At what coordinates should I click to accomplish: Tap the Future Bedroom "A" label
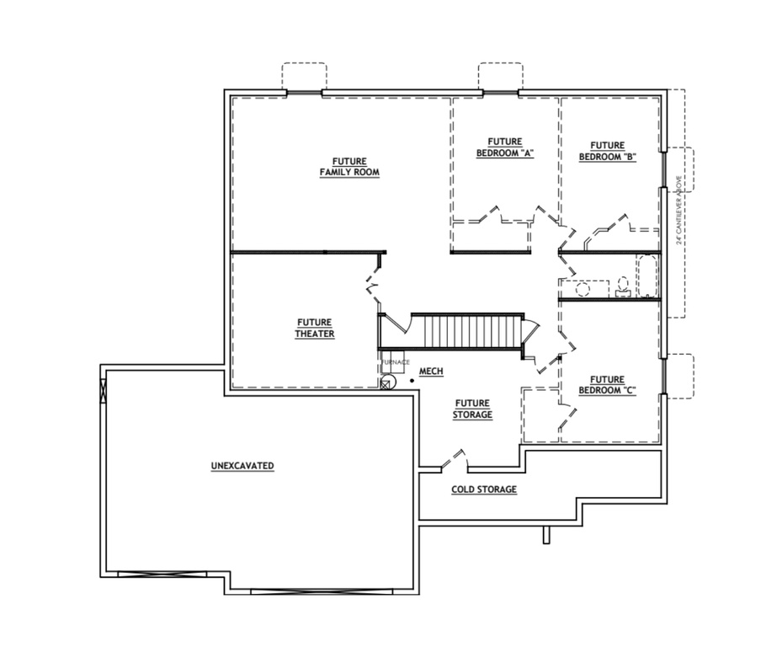505,147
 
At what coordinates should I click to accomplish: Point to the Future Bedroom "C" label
606,385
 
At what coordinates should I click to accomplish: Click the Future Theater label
314,328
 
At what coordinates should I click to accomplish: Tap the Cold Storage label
483,489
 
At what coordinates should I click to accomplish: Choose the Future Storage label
471,409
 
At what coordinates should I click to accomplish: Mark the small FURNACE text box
394,362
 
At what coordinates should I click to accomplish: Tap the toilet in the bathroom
623,288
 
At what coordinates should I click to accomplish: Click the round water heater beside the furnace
387,383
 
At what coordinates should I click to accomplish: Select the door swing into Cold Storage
453,460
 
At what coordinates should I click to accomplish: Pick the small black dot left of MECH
412,381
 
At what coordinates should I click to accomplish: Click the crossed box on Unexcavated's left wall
104,390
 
